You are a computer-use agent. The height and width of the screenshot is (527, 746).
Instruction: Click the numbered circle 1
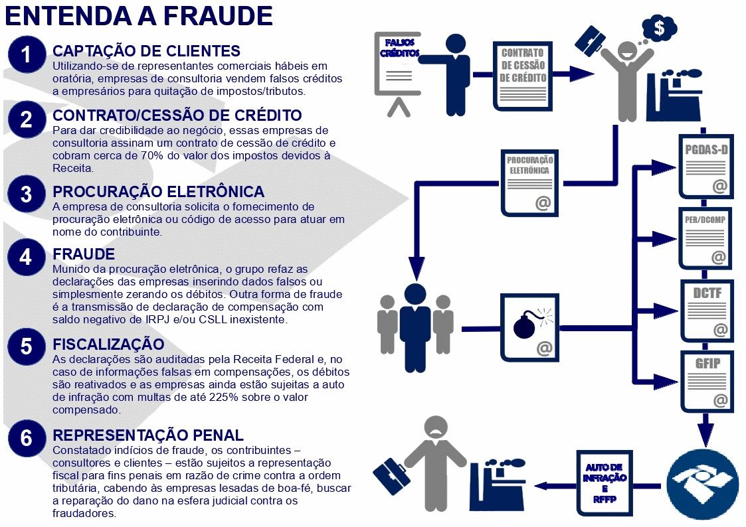pos(26,56)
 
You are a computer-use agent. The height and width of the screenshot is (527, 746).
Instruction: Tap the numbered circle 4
pos(26,258)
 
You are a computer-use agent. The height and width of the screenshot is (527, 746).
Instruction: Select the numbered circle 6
pos(26,439)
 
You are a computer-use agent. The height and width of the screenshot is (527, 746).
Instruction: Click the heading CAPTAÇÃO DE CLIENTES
pos(146,51)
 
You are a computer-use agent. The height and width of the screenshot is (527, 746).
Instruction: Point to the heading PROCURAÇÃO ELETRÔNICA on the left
pos(158,192)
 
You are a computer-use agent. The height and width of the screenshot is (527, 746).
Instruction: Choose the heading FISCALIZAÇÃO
pos(108,344)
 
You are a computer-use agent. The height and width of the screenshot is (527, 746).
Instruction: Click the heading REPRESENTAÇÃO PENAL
pos(148,435)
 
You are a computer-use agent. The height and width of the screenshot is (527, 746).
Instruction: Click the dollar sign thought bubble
pos(659,28)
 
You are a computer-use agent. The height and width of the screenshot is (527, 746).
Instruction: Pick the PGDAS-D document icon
pos(705,166)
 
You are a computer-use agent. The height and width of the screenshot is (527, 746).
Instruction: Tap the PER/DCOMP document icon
pos(705,238)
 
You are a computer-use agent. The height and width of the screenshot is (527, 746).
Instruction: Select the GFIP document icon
pos(705,382)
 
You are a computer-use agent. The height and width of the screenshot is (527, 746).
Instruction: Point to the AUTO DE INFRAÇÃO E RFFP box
pos(605,482)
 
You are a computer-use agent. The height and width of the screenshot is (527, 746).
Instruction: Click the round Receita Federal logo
pos(703,483)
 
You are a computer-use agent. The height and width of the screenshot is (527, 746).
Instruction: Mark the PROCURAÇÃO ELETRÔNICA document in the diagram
pos(529,181)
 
